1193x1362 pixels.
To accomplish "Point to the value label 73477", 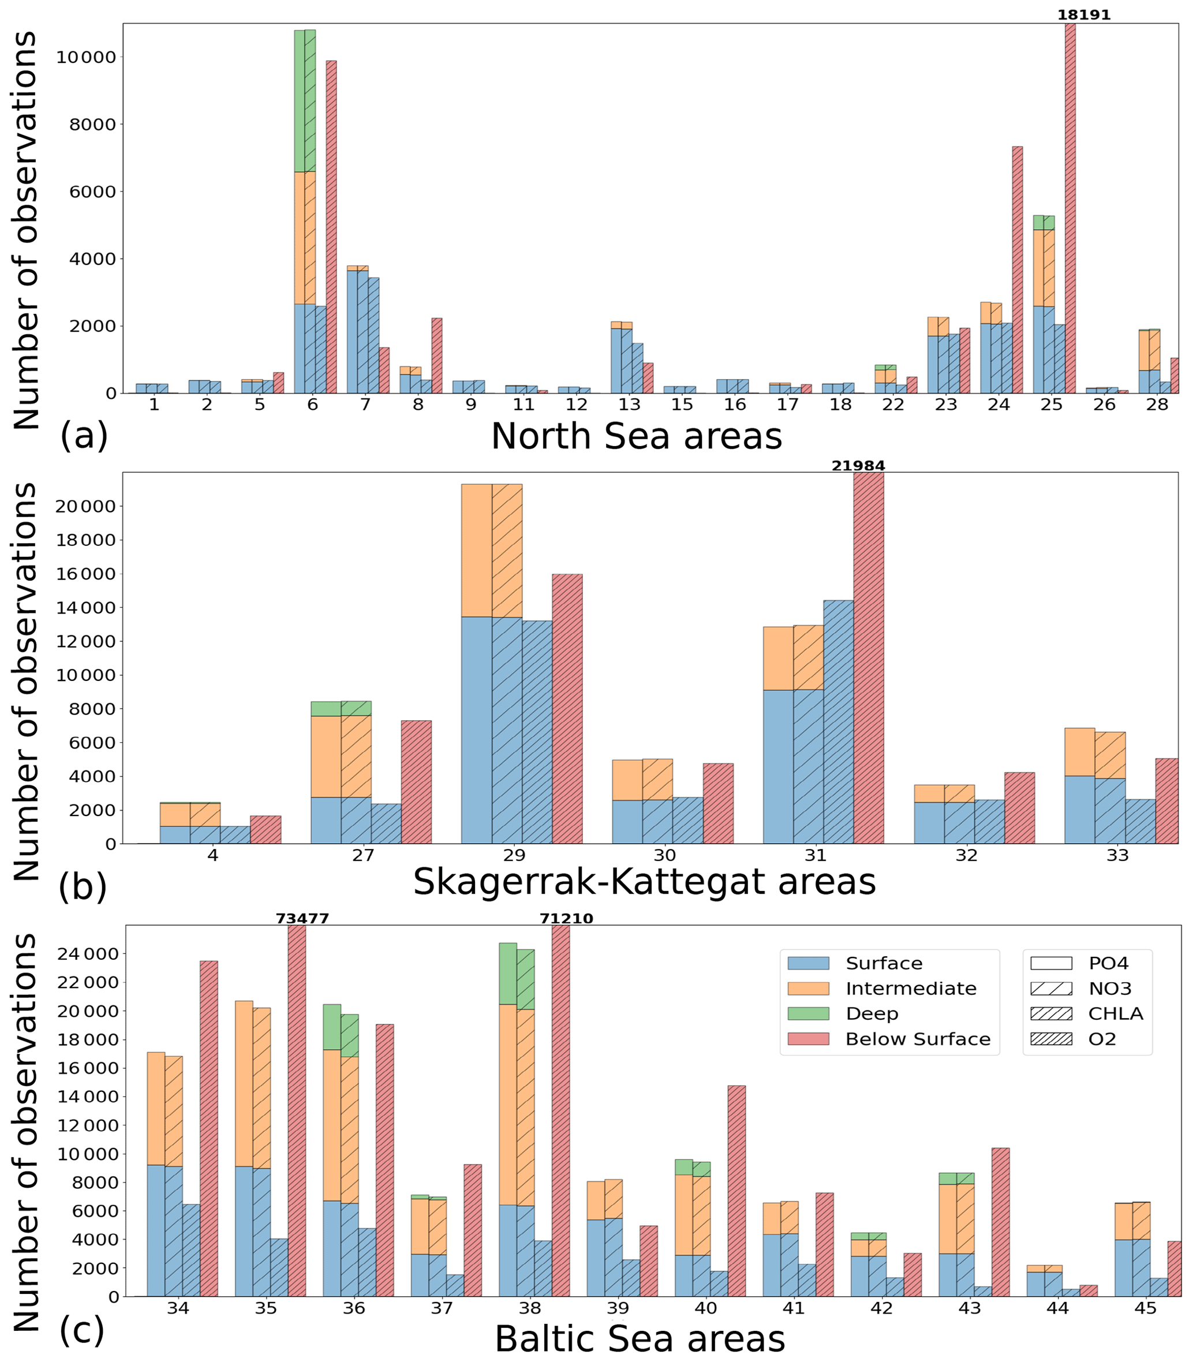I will [x=302, y=919].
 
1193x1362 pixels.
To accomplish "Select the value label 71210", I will [x=566, y=919].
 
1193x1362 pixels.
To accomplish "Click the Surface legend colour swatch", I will [x=808, y=963].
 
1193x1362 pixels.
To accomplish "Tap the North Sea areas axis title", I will [x=637, y=437].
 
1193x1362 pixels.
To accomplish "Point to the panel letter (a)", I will [x=84, y=437].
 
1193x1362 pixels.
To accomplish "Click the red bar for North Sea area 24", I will [x=1017, y=270].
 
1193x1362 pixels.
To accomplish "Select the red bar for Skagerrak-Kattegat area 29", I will [x=567, y=709].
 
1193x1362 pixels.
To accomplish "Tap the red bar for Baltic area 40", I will [x=736, y=1191].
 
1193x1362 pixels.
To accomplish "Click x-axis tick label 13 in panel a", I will [x=629, y=405].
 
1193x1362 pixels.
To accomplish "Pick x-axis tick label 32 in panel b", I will [x=966, y=855].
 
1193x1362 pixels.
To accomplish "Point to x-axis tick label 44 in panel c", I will [x=1057, y=1308].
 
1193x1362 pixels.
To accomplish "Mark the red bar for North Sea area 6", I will [x=331, y=227].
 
